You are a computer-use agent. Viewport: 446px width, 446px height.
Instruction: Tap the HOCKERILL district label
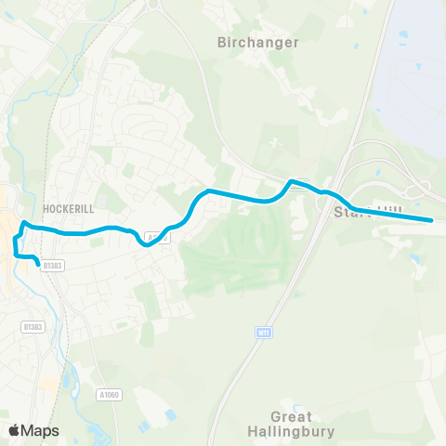pos(69,209)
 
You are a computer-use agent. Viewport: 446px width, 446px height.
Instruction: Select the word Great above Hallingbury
pos(291,417)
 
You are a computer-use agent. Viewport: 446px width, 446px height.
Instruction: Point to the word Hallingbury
pos(291,432)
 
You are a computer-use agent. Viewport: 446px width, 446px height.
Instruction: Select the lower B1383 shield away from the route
pos(33,326)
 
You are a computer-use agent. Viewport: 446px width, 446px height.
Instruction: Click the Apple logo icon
pos(14,430)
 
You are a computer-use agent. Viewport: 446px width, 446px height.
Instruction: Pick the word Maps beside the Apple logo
pos(40,430)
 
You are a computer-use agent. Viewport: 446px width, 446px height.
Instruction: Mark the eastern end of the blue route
pos(433,220)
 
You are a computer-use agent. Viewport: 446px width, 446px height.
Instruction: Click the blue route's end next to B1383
pos(39,265)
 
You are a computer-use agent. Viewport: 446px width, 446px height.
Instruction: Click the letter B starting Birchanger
pos(221,42)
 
